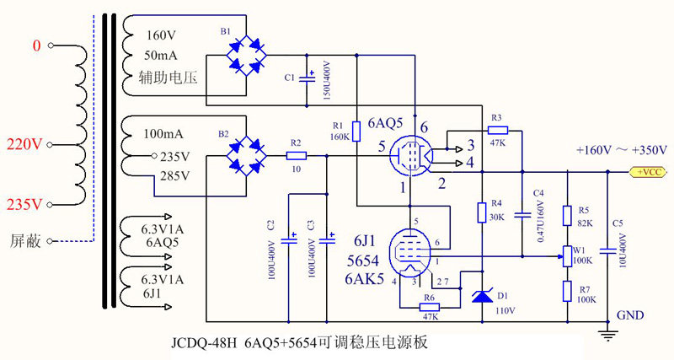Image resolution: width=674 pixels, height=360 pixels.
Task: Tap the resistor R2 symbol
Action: (295, 156)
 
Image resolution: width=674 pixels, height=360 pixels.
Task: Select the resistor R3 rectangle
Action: (497, 130)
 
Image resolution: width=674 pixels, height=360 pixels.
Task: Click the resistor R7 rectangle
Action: (569, 292)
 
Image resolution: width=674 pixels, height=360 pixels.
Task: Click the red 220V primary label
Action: (25, 145)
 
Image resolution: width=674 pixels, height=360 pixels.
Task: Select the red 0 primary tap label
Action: (35, 45)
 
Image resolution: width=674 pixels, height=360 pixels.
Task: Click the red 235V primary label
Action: (25, 205)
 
